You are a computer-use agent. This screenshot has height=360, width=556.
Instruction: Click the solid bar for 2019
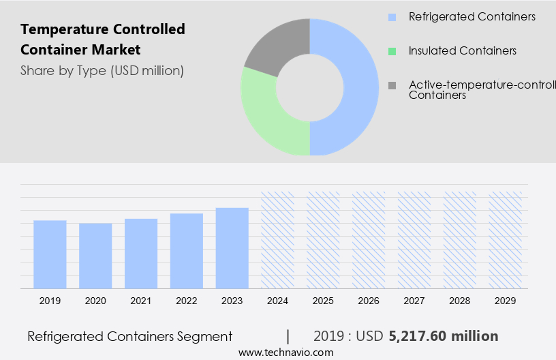click(x=50, y=254)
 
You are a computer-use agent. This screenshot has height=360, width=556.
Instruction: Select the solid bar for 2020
click(x=95, y=256)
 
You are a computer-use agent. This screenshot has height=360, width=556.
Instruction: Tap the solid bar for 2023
click(x=232, y=248)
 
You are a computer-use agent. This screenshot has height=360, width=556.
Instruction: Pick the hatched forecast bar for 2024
click(x=278, y=240)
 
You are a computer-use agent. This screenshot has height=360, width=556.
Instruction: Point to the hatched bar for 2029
click(x=506, y=240)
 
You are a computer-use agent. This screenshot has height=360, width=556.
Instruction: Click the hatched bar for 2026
click(x=369, y=240)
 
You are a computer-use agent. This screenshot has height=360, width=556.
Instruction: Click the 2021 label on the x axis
click(x=141, y=301)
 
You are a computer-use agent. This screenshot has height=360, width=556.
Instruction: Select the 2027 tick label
click(x=414, y=301)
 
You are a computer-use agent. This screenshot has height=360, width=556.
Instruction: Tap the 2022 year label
click(x=187, y=301)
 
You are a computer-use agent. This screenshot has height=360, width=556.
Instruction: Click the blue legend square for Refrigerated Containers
click(x=392, y=17)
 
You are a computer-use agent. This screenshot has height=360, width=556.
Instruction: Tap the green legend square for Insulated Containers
click(x=392, y=51)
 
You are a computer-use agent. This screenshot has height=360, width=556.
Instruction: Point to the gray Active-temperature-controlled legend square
click(x=392, y=85)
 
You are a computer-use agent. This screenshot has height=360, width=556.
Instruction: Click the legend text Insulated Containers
click(x=462, y=51)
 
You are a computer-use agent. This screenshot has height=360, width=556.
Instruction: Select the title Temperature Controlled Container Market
click(x=102, y=40)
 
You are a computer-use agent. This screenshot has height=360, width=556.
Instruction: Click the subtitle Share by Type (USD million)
click(x=102, y=70)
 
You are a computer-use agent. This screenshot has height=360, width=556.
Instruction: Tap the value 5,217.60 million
click(x=443, y=336)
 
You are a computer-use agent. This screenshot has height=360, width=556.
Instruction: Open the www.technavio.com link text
click(x=286, y=352)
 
